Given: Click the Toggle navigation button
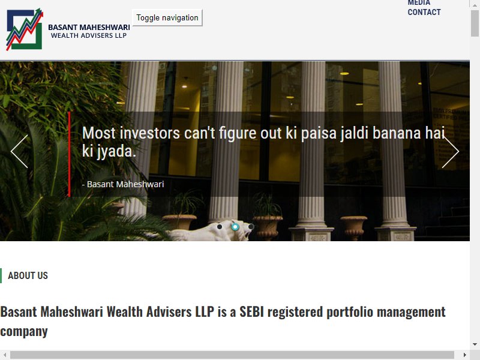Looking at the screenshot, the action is [167, 18].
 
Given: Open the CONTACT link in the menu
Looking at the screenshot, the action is [424, 12].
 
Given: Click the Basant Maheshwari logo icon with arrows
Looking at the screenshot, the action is [25, 29].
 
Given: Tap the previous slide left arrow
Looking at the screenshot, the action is [19, 151].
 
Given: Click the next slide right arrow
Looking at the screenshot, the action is [451, 151].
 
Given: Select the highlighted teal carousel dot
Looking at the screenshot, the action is [235, 227].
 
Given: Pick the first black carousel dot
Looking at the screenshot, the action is [220, 227].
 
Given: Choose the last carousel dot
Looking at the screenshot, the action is [251, 227].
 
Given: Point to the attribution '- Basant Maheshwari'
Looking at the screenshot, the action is [123, 184].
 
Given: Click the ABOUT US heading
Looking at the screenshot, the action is [28, 275].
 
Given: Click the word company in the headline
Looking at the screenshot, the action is [24, 332].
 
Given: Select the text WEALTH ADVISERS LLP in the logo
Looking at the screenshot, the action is [89, 35].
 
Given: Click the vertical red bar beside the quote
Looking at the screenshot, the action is [69, 154].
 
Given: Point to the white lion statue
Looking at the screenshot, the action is [214, 231].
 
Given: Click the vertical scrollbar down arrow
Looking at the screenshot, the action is [475, 344].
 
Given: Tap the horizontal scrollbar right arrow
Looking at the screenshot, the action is [464, 355].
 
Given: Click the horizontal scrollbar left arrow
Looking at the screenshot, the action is [5, 355].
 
